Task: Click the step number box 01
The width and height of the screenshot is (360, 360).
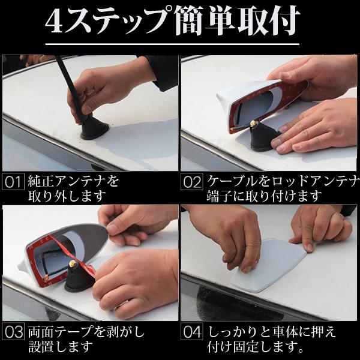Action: [x=13, y=182]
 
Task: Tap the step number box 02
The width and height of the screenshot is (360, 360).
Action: [x=192, y=182]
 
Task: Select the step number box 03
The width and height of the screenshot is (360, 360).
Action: [x=13, y=331]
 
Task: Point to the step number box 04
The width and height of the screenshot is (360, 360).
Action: [x=192, y=331]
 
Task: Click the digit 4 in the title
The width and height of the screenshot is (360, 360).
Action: [x=55, y=22]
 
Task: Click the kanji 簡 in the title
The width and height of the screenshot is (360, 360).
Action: [x=189, y=21]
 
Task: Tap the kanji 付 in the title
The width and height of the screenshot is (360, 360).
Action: [x=284, y=21]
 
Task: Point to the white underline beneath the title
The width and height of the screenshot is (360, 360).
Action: [x=172, y=44]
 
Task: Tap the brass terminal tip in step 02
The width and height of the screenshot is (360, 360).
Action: [x=253, y=124]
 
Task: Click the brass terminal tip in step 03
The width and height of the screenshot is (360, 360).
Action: [x=73, y=263]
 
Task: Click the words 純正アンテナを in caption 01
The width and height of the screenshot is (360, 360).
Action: [x=73, y=181]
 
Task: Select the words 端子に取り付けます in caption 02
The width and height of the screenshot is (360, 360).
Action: [x=264, y=196]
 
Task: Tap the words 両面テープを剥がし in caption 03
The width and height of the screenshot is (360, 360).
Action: [x=86, y=332]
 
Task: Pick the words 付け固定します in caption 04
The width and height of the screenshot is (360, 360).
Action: [x=256, y=346]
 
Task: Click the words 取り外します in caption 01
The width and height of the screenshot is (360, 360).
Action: [x=67, y=196]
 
